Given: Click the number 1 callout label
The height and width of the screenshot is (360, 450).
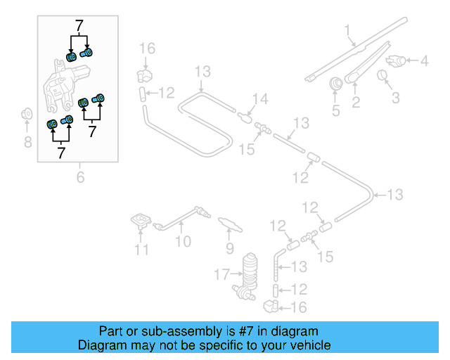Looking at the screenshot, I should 347,30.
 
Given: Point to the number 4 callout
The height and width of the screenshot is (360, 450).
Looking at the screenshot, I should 424,61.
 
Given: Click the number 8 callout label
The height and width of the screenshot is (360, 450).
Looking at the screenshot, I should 28,143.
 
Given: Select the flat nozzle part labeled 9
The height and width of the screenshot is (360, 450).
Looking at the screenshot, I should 229,224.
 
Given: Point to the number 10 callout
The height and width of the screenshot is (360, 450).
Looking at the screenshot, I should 183,243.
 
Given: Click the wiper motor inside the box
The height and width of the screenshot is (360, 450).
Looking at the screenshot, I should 65,84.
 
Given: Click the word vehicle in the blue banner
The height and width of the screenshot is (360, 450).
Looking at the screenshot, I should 310,345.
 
